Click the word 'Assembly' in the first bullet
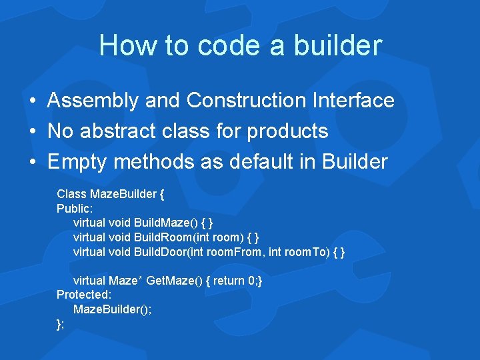pos(93,101)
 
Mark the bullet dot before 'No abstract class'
pos(33,132)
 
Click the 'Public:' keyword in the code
pos(74,208)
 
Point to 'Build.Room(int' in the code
pos(172,237)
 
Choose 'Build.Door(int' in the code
pos(171,252)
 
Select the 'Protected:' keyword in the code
pos(83,295)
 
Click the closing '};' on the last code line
pos(61,324)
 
